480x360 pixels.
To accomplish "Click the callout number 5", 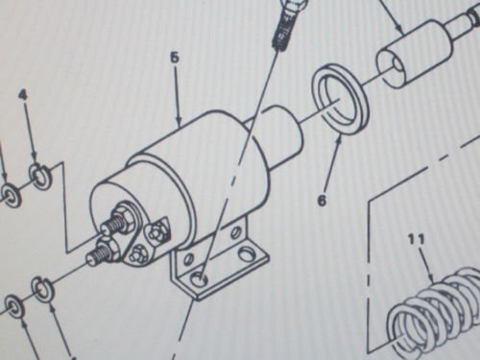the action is click(x=175, y=59).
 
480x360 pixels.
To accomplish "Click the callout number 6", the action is click(x=322, y=201).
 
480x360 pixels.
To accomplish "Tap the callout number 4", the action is click(x=23, y=95).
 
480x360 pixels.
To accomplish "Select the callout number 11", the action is click(x=417, y=239).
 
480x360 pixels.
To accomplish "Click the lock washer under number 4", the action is click(x=38, y=174).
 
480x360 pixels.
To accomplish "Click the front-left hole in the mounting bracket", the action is click(x=200, y=280).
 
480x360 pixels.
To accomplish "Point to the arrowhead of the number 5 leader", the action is click(x=180, y=122).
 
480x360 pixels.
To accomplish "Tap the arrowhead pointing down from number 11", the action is click(x=433, y=277).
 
